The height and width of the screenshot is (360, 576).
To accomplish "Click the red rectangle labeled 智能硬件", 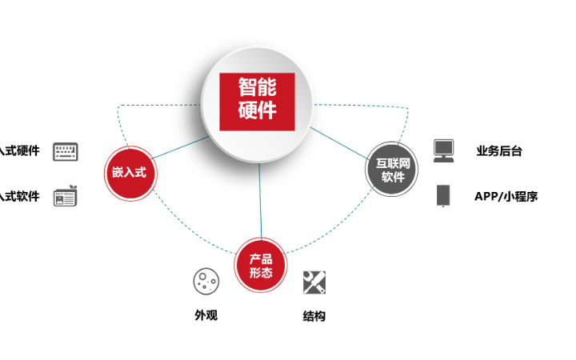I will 258,102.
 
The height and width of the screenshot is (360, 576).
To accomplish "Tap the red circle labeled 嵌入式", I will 130,173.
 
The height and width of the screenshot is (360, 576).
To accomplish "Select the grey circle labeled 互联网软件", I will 392,169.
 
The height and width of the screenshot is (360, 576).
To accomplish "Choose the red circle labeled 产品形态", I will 261,265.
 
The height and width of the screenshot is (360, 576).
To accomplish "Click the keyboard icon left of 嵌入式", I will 66,152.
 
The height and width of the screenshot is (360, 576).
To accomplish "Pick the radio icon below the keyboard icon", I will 66,196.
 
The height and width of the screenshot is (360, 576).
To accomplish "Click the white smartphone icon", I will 443,195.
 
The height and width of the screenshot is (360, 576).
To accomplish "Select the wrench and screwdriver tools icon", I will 314,282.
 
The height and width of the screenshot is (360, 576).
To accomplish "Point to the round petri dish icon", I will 206,281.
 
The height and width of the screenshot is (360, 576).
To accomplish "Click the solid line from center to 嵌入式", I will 182,149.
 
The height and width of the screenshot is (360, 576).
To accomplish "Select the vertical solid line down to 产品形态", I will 260,200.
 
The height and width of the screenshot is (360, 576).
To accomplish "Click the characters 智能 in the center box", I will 258,87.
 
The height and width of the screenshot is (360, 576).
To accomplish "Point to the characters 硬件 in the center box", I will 258,110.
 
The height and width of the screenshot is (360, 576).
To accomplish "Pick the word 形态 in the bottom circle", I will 261,273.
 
